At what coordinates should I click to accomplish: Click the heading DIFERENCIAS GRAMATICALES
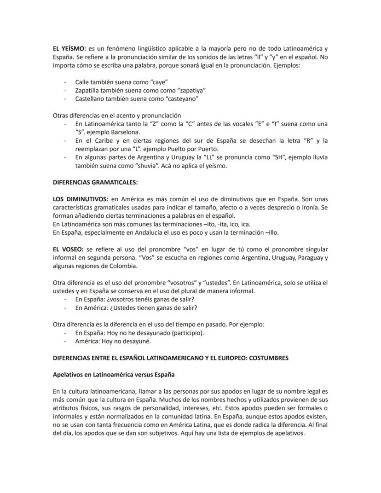tap(95, 182)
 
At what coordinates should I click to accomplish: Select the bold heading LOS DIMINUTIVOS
tap(81, 199)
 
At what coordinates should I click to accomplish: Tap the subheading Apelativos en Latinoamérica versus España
tap(114, 374)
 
